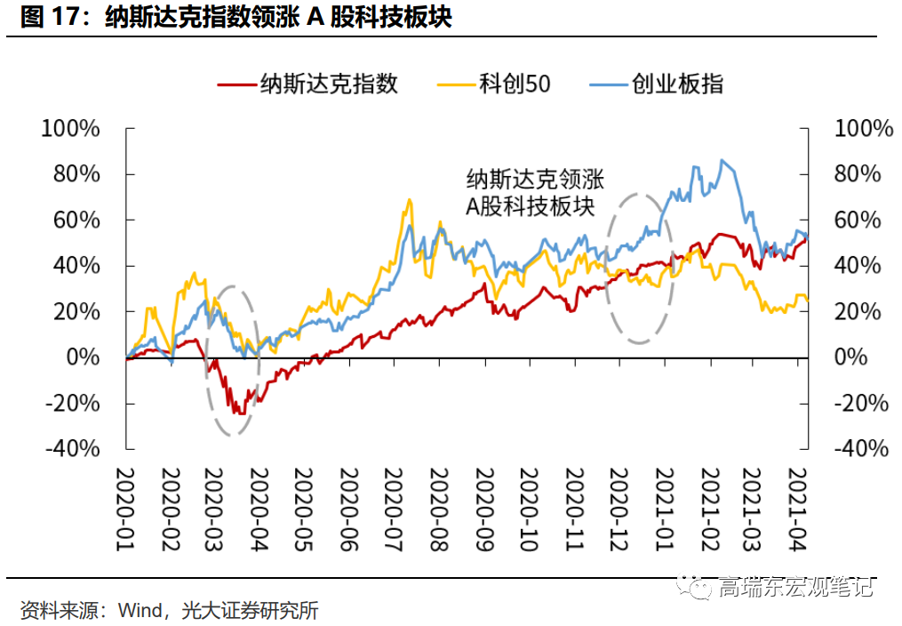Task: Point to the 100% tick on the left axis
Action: click(71, 129)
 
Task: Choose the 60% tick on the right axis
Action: click(858, 220)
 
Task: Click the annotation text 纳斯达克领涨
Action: click(535, 179)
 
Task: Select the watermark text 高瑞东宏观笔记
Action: click(795, 586)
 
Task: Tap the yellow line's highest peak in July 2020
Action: click(410, 200)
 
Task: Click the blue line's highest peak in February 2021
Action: click(722, 161)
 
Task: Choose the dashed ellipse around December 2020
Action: click(639, 268)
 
